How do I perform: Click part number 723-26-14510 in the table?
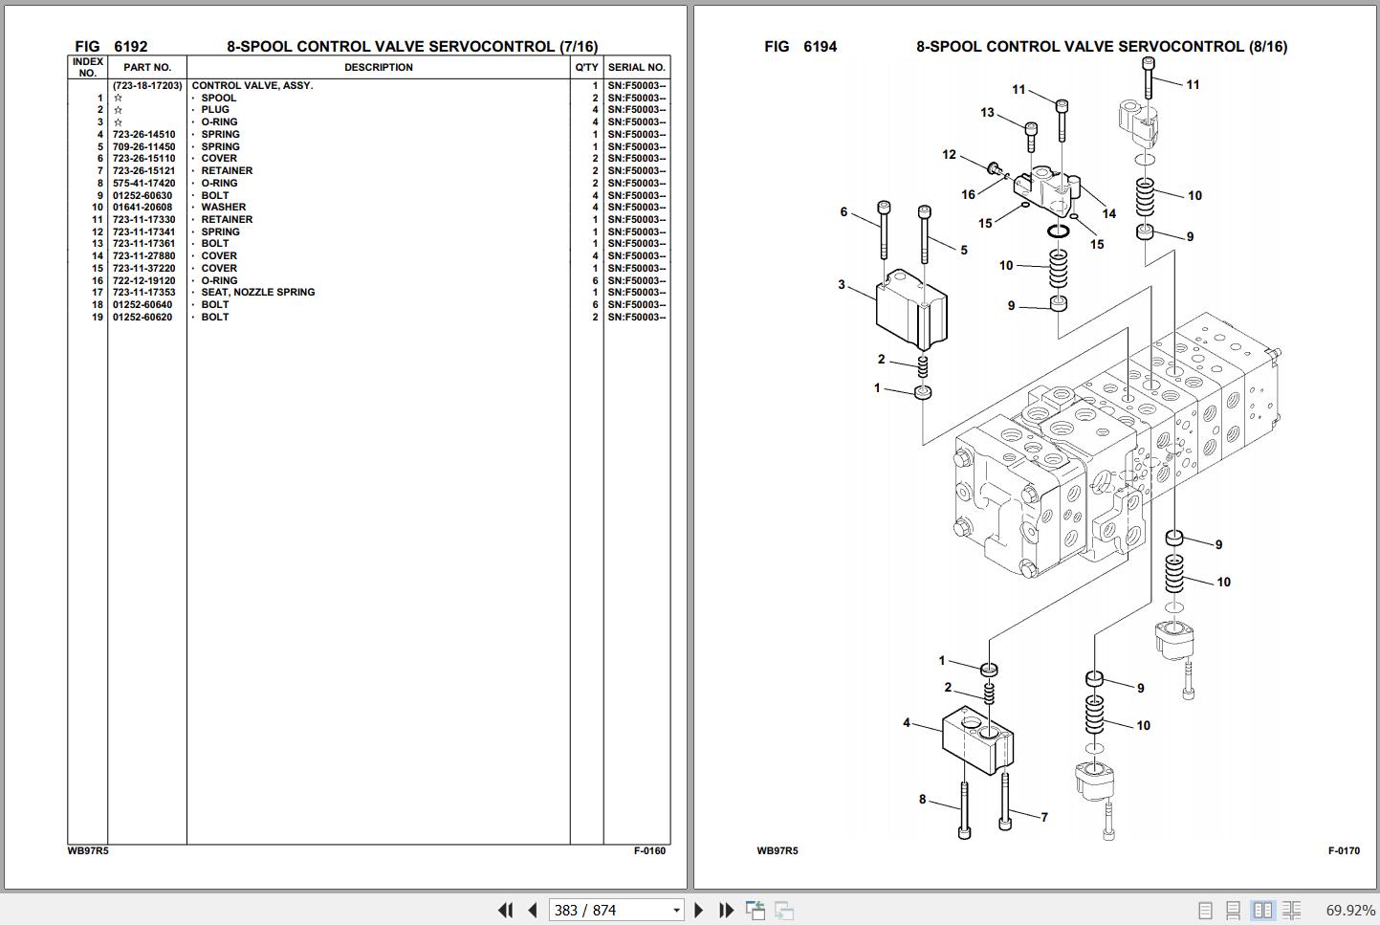point(143,135)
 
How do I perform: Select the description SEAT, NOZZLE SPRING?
point(257,293)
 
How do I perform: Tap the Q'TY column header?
point(586,68)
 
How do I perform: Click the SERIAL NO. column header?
point(636,68)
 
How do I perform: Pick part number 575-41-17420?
point(143,184)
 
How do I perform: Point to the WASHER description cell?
point(223,208)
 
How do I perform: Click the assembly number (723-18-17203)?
point(146,86)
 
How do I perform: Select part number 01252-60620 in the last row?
point(142,318)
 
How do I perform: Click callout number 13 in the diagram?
point(987,113)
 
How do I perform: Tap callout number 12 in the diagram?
point(949,155)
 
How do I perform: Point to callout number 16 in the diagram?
point(968,195)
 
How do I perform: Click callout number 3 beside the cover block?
point(842,285)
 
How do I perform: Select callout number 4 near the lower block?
point(907,723)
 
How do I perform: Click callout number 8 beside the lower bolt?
point(922,800)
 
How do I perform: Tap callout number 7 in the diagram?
point(1044,818)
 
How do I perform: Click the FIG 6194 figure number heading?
point(800,47)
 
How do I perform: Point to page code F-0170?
point(1343,851)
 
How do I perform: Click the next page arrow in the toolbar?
point(698,911)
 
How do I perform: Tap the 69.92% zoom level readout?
point(1349,911)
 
